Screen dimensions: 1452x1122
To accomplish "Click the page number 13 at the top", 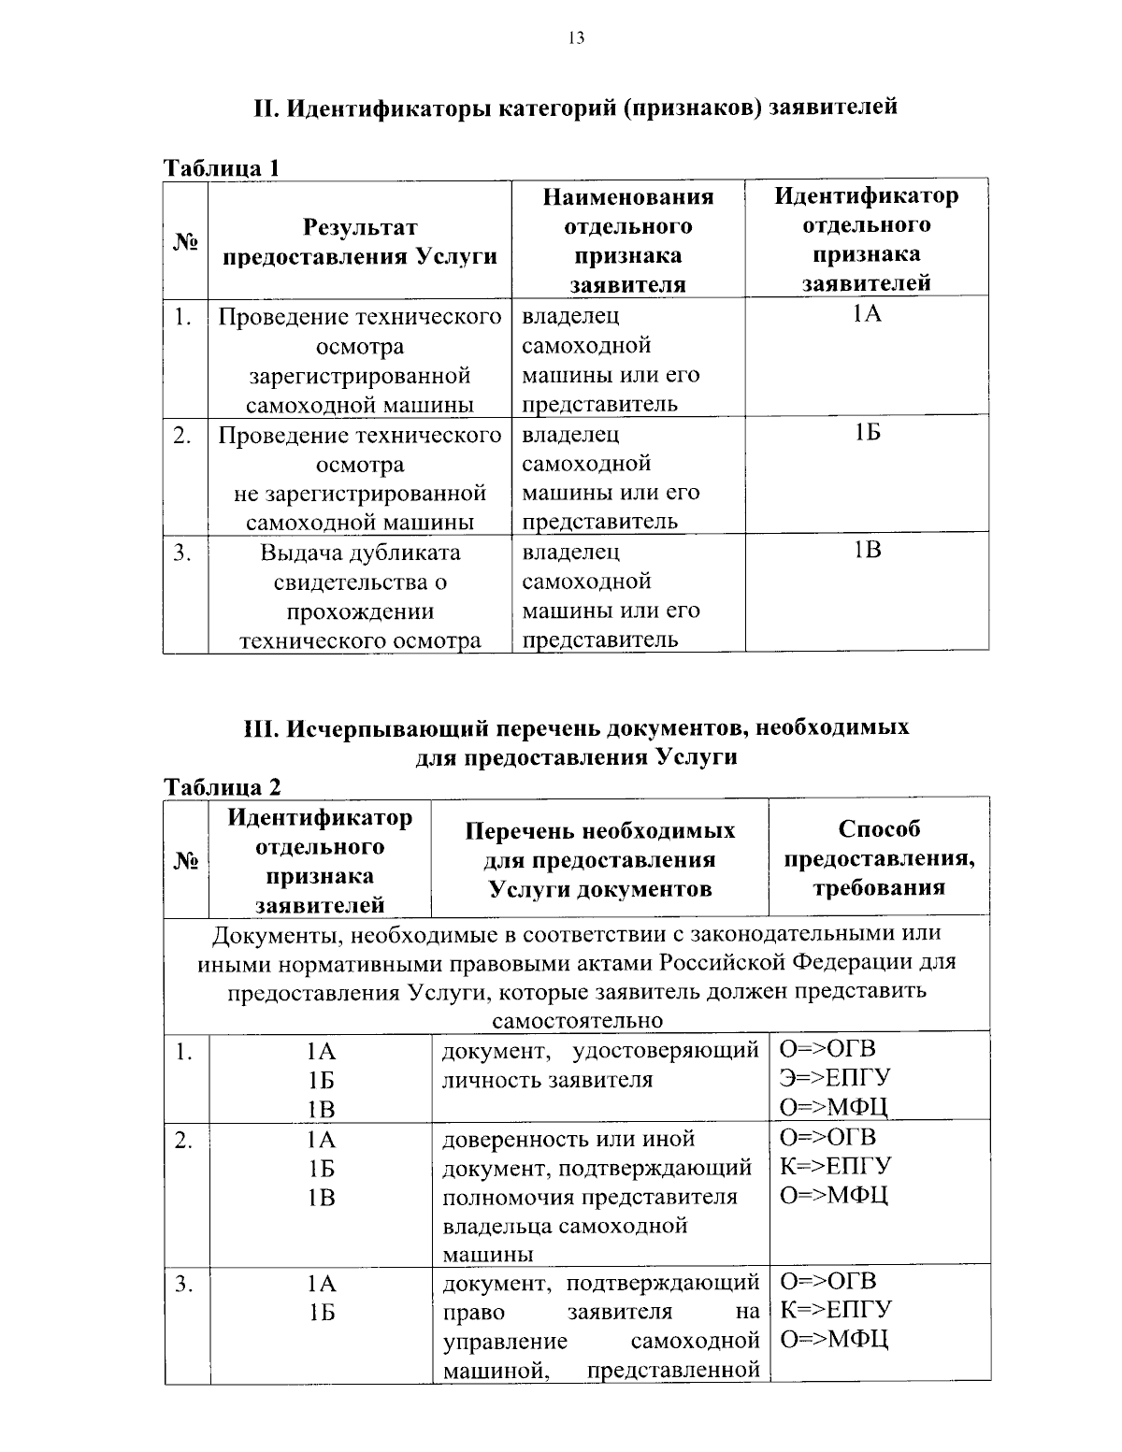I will (x=576, y=37).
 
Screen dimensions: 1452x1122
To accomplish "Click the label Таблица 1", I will (x=222, y=168).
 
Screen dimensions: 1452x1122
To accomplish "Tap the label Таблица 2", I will (x=222, y=786).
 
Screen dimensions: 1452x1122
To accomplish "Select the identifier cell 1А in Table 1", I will (x=867, y=314).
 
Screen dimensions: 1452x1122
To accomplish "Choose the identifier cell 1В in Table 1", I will (x=867, y=550).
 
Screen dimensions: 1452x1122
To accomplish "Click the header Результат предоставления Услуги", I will (x=360, y=241).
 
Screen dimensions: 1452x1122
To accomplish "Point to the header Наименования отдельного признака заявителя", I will (x=627, y=240).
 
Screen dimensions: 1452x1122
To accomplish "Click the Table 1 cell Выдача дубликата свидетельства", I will (x=360, y=596).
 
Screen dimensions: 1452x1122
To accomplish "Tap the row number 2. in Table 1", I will (x=183, y=435).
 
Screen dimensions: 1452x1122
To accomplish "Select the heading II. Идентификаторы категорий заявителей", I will (x=576, y=107).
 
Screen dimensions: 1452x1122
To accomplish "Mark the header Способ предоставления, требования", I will (x=879, y=857).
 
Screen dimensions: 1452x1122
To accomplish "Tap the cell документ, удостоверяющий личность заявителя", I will (x=598, y=1065).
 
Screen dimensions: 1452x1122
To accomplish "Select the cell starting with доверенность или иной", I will (x=598, y=1195).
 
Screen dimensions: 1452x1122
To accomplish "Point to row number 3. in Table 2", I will (x=183, y=1283).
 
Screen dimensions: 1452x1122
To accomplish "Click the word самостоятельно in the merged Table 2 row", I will (x=576, y=1020).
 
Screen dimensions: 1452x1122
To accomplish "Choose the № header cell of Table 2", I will (x=186, y=858).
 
